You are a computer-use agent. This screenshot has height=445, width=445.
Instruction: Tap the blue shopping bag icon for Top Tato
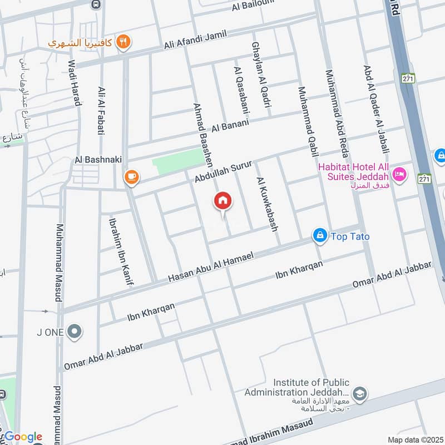pos(319,236)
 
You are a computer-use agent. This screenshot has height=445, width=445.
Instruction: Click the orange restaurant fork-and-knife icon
pos(124,42)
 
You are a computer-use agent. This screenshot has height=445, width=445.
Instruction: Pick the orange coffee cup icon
pos(132,177)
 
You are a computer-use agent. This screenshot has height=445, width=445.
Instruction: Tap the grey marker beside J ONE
pos(74,333)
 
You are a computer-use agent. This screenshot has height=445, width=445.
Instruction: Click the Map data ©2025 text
pos(415,439)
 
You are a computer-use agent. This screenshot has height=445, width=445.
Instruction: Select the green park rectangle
pos(178,161)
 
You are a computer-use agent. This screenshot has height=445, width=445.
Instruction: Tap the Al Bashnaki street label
pos(98,160)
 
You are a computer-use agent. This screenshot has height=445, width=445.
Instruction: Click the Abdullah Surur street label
pos(224,172)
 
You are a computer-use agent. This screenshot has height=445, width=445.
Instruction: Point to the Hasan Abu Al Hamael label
pos(211,266)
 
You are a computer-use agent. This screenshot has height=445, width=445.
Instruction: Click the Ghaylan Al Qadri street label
pos(261,75)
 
